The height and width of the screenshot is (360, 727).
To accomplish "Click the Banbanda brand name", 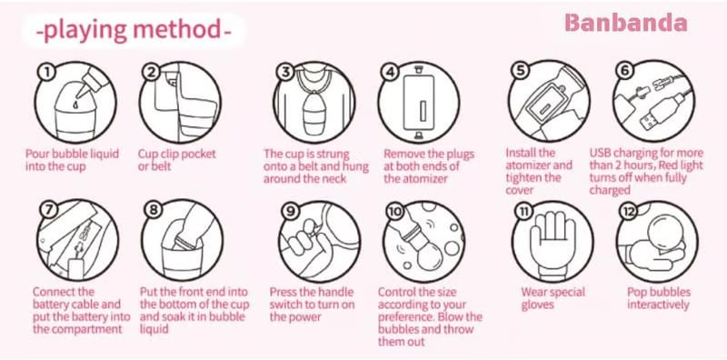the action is (626, 24).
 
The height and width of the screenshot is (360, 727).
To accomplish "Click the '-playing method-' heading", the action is (134, 31).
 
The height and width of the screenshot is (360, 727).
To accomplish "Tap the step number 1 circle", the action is (48, 72).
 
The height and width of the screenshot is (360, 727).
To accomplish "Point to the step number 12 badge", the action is (629, 211).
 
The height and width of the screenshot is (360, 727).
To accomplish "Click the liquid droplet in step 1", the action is (75, 105).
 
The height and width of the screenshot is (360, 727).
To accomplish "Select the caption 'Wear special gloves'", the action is (553, 299).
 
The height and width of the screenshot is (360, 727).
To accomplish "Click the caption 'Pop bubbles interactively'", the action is (658, 298).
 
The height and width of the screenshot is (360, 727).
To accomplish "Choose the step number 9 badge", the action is (290, 211).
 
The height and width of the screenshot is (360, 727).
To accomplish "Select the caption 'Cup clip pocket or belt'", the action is (177, 160).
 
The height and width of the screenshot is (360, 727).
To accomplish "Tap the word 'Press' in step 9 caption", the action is (284, 292).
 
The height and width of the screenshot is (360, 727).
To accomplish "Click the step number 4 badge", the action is (390, 72).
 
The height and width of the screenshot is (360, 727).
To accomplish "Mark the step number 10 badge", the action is (394, 211).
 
